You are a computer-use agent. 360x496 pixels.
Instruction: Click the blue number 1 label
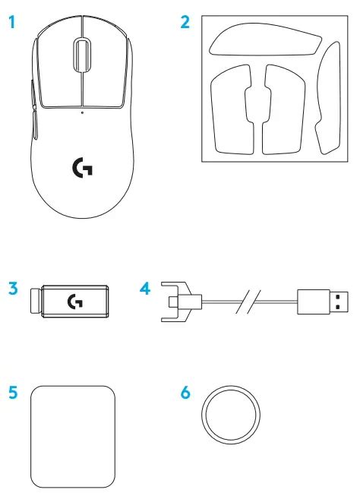pos(11,23)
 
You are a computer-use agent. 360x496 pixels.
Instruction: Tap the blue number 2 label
pos(185,22)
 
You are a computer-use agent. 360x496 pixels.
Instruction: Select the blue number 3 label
pos(13,289)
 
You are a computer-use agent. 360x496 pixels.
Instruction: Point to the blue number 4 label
pos(145,289)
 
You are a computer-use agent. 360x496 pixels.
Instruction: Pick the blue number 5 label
pos(13,393)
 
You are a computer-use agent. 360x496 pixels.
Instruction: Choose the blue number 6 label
pos(185,393)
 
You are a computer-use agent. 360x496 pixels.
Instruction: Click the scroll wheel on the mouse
pos(82,55)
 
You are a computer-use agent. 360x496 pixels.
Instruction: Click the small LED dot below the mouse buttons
pos(82,112)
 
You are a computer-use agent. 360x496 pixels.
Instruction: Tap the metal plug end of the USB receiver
pos(36,301)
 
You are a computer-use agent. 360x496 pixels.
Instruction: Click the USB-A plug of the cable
pos(323,302)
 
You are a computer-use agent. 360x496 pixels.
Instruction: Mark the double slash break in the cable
pos(249,302)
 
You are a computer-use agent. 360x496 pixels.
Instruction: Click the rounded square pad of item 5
pos(73,437)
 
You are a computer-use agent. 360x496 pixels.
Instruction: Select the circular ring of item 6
pos(231,387)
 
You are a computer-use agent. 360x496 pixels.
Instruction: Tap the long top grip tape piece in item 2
pos(265,39)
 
